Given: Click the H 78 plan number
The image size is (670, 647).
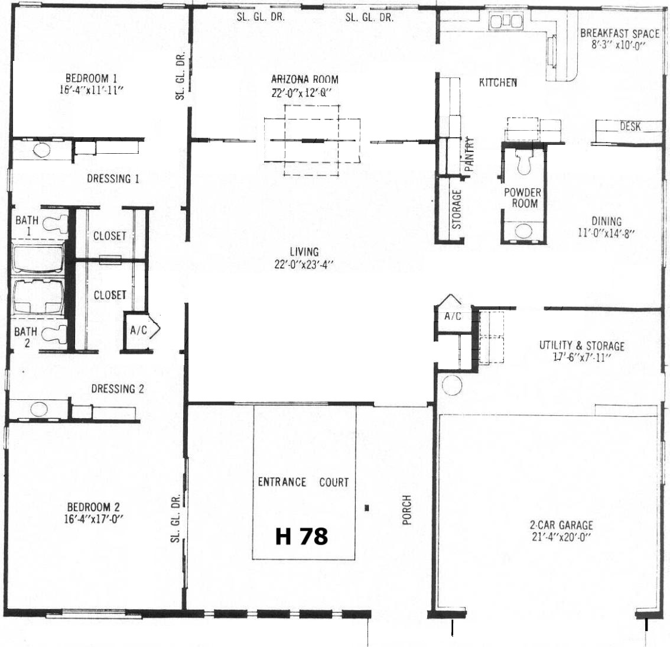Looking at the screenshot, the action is tap(302, 536).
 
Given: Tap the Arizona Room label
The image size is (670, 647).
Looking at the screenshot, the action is tap(305, 79).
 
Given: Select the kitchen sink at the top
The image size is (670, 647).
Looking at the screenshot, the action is tap(506, 21).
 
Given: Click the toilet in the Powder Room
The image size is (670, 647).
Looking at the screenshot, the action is tap(524, 161).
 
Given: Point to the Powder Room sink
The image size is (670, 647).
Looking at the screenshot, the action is tap(523, 231).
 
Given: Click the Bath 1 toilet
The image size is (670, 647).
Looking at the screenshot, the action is tap(56, 224).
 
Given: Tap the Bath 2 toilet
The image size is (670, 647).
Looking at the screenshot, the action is tap(56, 334).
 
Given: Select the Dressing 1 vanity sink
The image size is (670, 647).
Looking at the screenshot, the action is tap(41, 150).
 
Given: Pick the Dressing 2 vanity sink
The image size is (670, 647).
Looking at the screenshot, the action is tap(39, 409).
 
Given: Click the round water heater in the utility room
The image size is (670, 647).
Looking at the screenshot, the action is tap(451, 385).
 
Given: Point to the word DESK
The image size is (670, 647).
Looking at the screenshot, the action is tap(630, 127).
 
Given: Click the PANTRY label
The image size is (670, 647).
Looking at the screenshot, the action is tap(469, 154).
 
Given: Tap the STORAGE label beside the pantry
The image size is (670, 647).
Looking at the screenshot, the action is tap(457, 209).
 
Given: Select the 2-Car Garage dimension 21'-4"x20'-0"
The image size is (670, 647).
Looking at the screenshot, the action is tap(561, 536).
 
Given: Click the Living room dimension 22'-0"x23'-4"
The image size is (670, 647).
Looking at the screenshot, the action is tap(304, 265).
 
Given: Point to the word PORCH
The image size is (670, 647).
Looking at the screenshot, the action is tap(406, 510).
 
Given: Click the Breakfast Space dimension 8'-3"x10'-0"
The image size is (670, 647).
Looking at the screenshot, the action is tap(618, 45).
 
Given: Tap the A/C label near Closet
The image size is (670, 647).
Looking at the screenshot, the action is tap(138, 329).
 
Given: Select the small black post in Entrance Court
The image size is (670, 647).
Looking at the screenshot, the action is tap(367, 508).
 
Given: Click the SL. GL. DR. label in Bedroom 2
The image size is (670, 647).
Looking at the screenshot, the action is tap(175, 519).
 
